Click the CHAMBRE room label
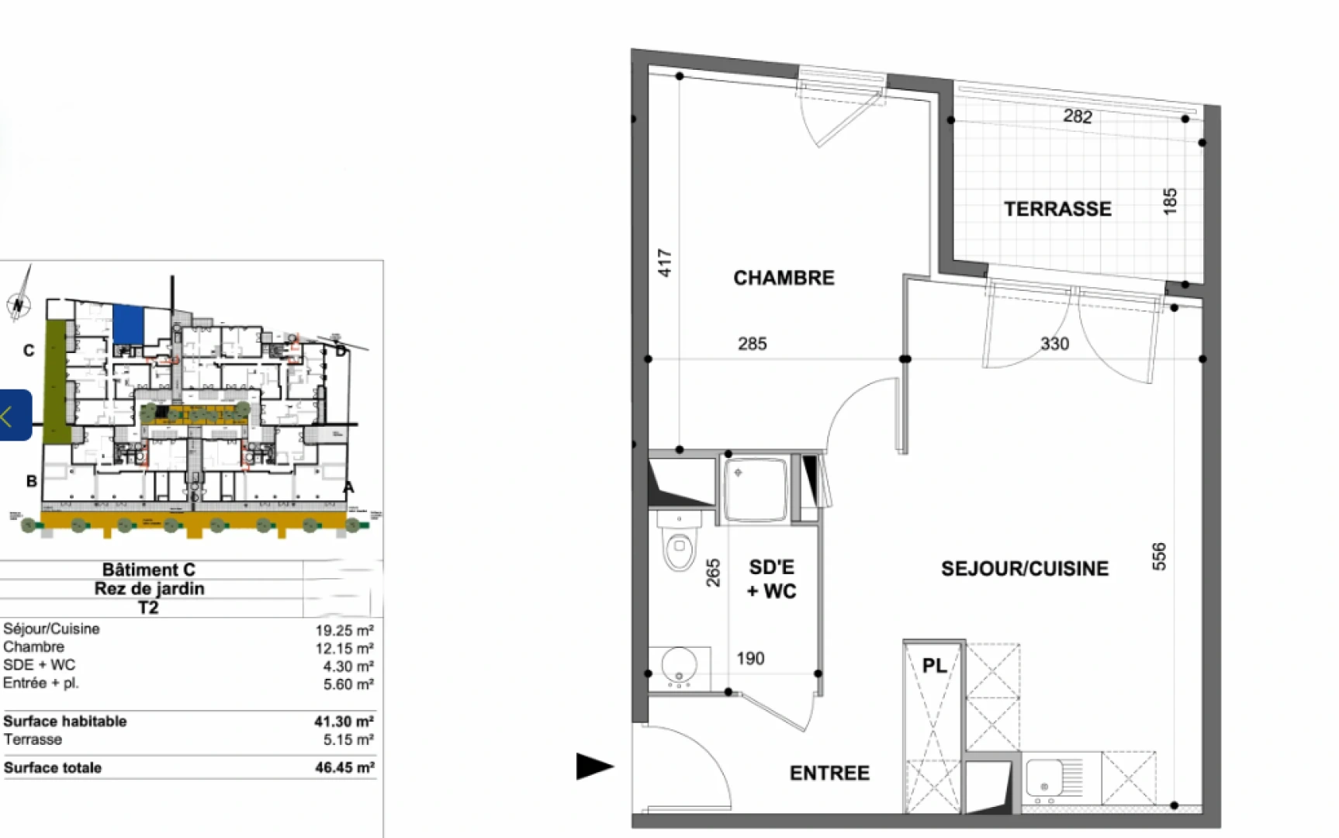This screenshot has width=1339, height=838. coord(784,278)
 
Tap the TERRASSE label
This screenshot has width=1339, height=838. coord(1057,209)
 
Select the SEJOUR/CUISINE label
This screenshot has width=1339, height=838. coord(1024,569)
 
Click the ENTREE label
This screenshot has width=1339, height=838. coord(829,773)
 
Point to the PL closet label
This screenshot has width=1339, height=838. coord(934,666)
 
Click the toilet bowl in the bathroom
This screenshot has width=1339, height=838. coord(679,547)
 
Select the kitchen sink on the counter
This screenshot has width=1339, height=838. coord(1044,777)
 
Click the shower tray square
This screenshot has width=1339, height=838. coord(755,488)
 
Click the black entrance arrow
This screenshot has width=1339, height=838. coord(594,767)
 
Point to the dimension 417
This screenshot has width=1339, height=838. coord(665,263)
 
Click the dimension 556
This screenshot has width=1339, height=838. coord(1159,556)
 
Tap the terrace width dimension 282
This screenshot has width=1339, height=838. coord(1078,116)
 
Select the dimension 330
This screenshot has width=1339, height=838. coord(1054,344)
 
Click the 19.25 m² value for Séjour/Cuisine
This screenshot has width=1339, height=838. coord(344,630)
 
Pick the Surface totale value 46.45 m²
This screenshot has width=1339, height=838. coord(344,767)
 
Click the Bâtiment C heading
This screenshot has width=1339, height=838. coord(149,570)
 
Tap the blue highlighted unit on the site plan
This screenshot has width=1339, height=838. coord(128,324)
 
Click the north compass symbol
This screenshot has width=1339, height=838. coord(19,303)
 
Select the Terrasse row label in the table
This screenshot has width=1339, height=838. coord(33,739)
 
